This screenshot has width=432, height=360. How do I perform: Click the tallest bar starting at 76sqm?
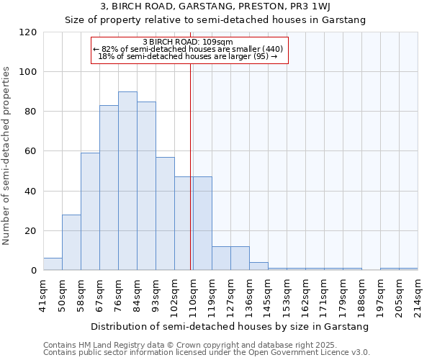point(127,181)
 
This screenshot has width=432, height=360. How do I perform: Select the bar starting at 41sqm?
point(53,264)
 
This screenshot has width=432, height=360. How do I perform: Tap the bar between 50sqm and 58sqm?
point(71,243)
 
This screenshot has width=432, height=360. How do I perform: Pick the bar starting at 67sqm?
point(109,188)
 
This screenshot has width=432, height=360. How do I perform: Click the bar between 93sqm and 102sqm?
point(165,214)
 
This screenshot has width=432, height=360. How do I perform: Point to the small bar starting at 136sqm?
point(258,266)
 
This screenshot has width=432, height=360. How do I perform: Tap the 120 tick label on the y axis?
point(28,32)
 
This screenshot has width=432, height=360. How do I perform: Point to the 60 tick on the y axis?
point(31,152)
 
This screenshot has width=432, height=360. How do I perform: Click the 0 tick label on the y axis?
point(34,271)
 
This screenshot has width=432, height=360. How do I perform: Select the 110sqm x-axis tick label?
point(193,294)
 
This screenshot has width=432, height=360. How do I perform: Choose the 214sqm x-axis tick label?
point(418,294)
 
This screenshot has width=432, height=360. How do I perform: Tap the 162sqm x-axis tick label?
point(305,294)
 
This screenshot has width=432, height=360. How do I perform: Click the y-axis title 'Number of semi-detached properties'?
point(6,156)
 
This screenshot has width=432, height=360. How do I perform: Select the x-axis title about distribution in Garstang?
point(230,326)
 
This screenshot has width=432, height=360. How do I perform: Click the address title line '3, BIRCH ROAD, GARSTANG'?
point(215,6)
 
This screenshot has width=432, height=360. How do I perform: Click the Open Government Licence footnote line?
point(207,353)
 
